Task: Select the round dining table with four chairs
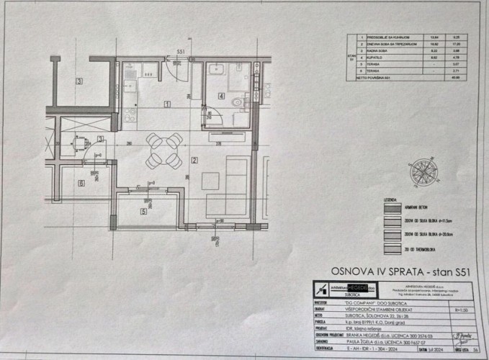(x=163, y=150)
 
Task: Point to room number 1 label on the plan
(x=167, y=104)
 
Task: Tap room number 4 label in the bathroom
(x=222, y=96)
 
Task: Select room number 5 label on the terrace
(x=143, y=212)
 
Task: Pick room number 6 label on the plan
(x=81, y=184)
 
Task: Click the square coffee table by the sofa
(x=210, y=181)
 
